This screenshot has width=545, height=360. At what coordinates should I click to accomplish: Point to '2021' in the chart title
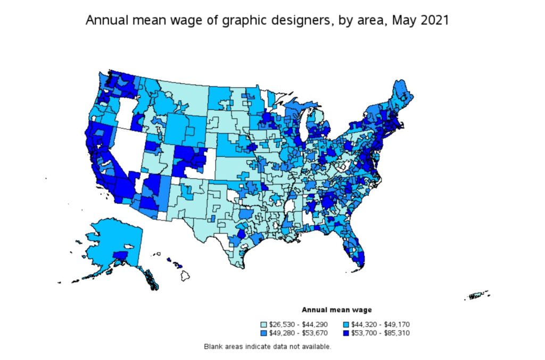(436, 21)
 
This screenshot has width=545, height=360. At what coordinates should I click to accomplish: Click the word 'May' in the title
(402, 21)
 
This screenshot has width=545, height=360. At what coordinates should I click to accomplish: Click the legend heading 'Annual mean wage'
(336, 309)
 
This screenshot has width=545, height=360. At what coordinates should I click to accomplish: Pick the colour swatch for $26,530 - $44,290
(263, 324)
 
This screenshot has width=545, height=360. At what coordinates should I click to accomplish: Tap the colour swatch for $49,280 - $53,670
(263, 333)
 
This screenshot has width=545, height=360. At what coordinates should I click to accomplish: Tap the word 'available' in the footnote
(317, 347)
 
